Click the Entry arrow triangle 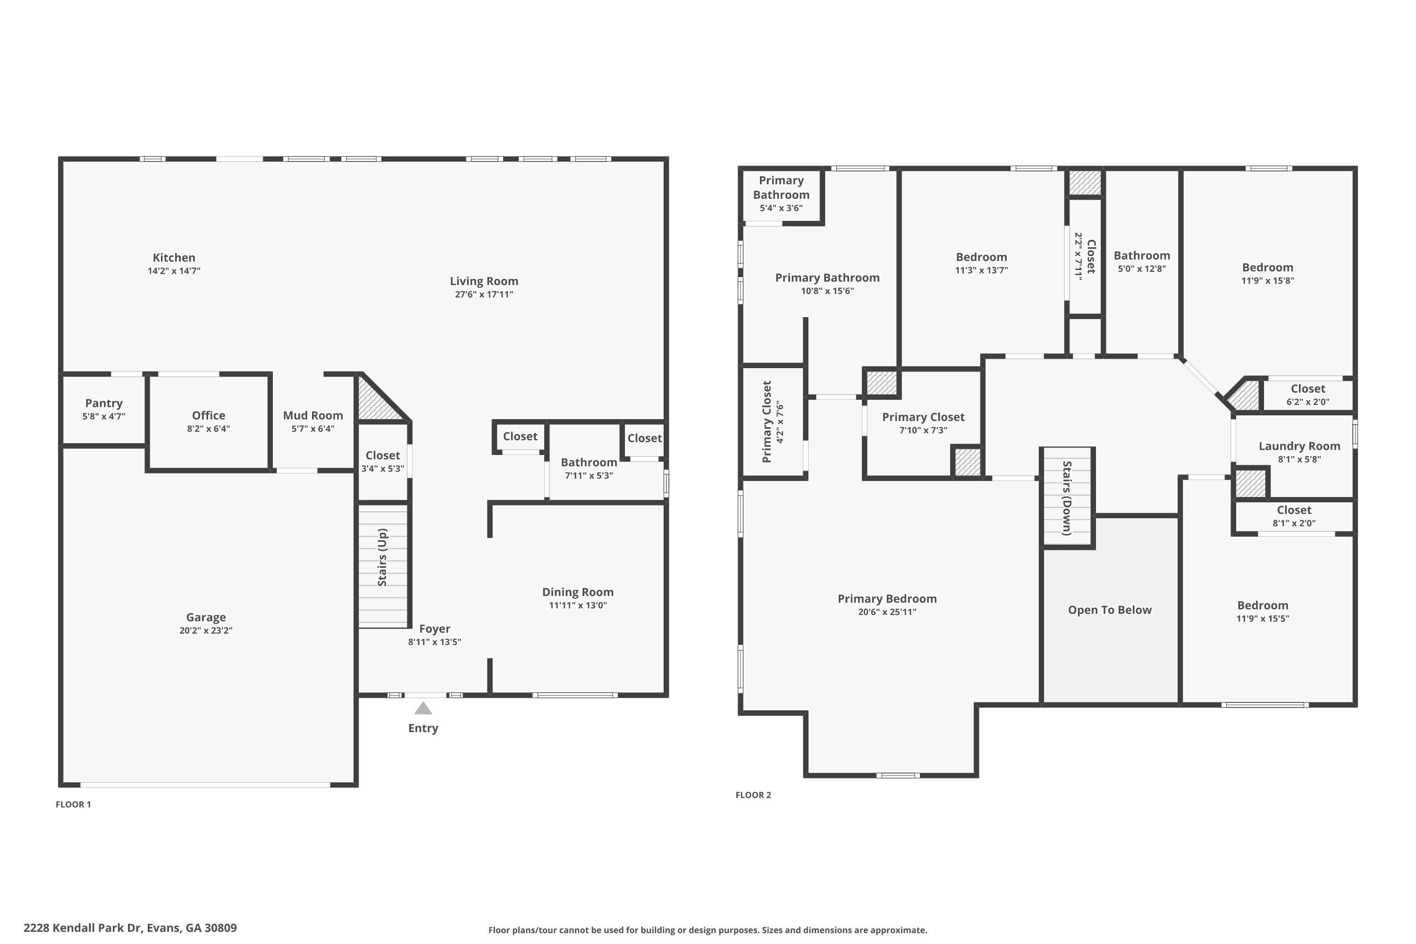423,708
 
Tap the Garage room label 206,617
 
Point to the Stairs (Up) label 382,557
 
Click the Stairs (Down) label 1067,498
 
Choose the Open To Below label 1110,610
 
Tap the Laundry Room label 1299,446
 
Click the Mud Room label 313,415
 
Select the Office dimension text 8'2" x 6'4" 208,429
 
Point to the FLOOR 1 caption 74,804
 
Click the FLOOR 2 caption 753,795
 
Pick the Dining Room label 578,592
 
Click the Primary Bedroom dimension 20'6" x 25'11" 887,612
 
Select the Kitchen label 174,258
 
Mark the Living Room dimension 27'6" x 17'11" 484,295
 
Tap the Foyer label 435,629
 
